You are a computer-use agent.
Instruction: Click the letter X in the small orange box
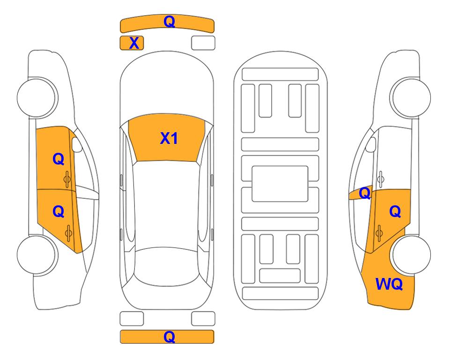coord(134,43)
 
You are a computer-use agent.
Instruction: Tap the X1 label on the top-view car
coord(169,138)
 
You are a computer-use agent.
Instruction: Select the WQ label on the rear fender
coord(389,284)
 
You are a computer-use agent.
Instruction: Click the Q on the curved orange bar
coord(169,21)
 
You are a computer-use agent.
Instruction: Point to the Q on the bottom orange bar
coord(169,337)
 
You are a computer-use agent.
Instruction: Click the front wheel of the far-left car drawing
coord(37,97)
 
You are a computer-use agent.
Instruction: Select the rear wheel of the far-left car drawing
coord(37,255)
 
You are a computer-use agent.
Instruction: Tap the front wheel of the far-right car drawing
coord(411,97)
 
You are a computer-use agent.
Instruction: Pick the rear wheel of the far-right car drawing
coord(411,255)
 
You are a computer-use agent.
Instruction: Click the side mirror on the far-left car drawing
coord(76,144)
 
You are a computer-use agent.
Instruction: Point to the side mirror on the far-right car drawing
coord(371,144)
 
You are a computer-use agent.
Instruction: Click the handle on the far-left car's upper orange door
coord(67,180)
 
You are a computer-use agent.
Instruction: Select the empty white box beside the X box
coord(203,43)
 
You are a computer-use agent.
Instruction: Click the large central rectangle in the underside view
coord(280,184)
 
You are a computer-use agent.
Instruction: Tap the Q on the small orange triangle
coord(365,193)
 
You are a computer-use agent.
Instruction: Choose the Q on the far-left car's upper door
coord(59,159)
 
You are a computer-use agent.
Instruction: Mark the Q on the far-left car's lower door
coord(59,212)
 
